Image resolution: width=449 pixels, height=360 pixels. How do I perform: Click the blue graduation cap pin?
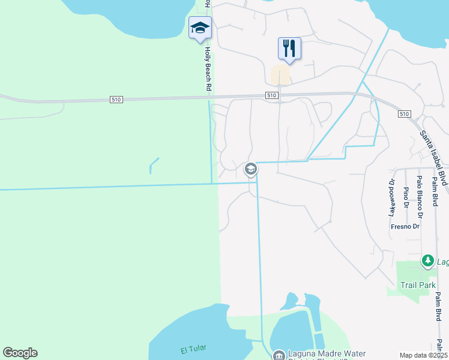coord(200,28)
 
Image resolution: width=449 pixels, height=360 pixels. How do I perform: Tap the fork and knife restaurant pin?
coord(289,48)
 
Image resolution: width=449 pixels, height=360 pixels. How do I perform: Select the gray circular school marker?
coord(251,170)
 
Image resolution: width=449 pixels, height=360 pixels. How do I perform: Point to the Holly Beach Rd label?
coord(208,70)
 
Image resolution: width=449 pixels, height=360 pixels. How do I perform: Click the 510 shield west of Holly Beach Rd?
coord(117,99)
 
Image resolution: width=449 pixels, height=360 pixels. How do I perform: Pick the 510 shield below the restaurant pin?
coord(271,95)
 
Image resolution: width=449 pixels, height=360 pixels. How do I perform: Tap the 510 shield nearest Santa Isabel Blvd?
coord(403,114)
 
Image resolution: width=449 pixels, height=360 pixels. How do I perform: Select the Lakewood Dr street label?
coord(392,197)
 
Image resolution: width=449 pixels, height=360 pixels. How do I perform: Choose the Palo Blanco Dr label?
coord(420,197)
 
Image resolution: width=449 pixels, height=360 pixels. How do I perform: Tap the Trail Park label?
coord(418,285)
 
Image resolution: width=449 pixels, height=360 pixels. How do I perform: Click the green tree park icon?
coord(427,261)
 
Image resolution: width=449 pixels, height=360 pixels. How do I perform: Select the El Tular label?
coord(193,350)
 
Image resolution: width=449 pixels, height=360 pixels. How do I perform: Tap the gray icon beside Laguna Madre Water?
coord(279,356)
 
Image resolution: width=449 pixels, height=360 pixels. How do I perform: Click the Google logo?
coord(20,353)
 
